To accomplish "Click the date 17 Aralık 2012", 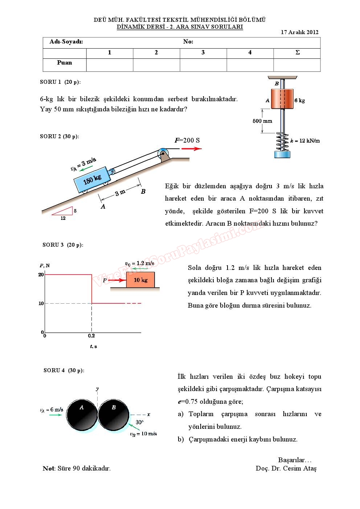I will [299, 32].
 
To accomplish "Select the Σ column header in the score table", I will [297, 53].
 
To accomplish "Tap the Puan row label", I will [64, 62].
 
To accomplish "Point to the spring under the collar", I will [282, 141].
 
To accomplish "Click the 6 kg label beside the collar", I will [299, 100].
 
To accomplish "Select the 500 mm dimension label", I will [262, 121].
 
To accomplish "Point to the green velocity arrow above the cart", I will [86, 168].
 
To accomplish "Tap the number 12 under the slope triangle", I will [63, 218].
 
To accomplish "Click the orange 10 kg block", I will [140, 280].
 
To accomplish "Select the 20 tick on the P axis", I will [41, 275].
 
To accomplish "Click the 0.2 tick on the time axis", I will [91, 336].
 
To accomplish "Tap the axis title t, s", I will [93, 346].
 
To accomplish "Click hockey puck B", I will [114, 415].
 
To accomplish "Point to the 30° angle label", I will [139, 422].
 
